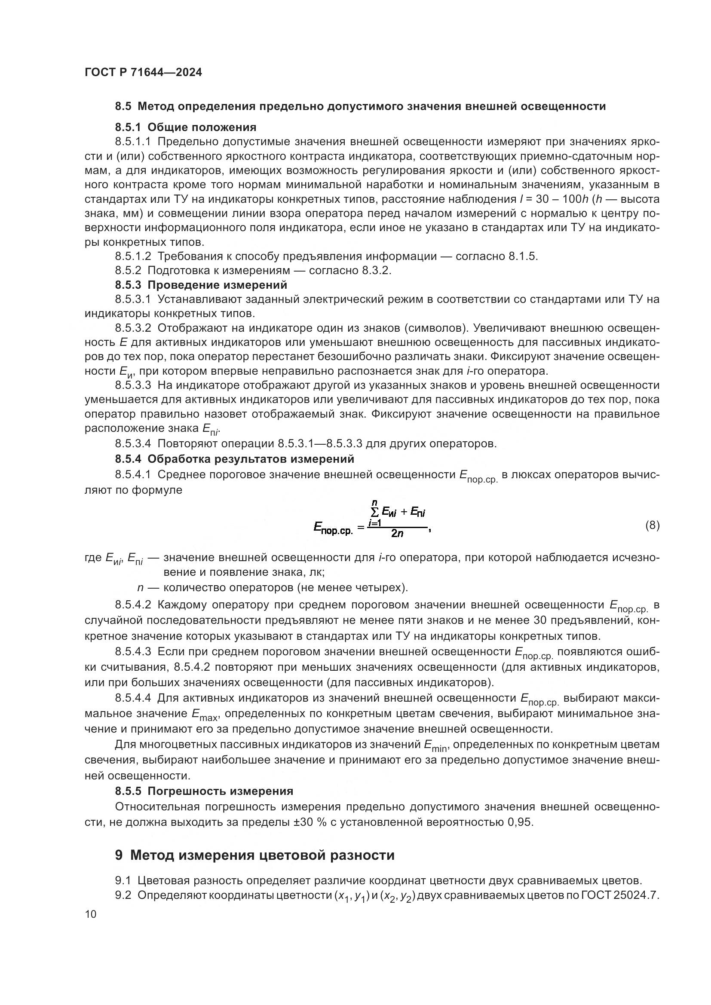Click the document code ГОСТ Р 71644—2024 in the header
coord(143,72)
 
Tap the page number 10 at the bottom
coord(91,914)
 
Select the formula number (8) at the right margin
coord(653,525)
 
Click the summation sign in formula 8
coord(374,511)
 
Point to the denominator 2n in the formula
coord(397,534)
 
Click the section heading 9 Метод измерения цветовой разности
coord(255,855)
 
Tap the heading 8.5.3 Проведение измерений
coord(201,285)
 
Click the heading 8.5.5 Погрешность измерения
coord(204,791)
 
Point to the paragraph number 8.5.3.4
coord(133,444)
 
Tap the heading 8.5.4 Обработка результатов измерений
coord(234,459)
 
